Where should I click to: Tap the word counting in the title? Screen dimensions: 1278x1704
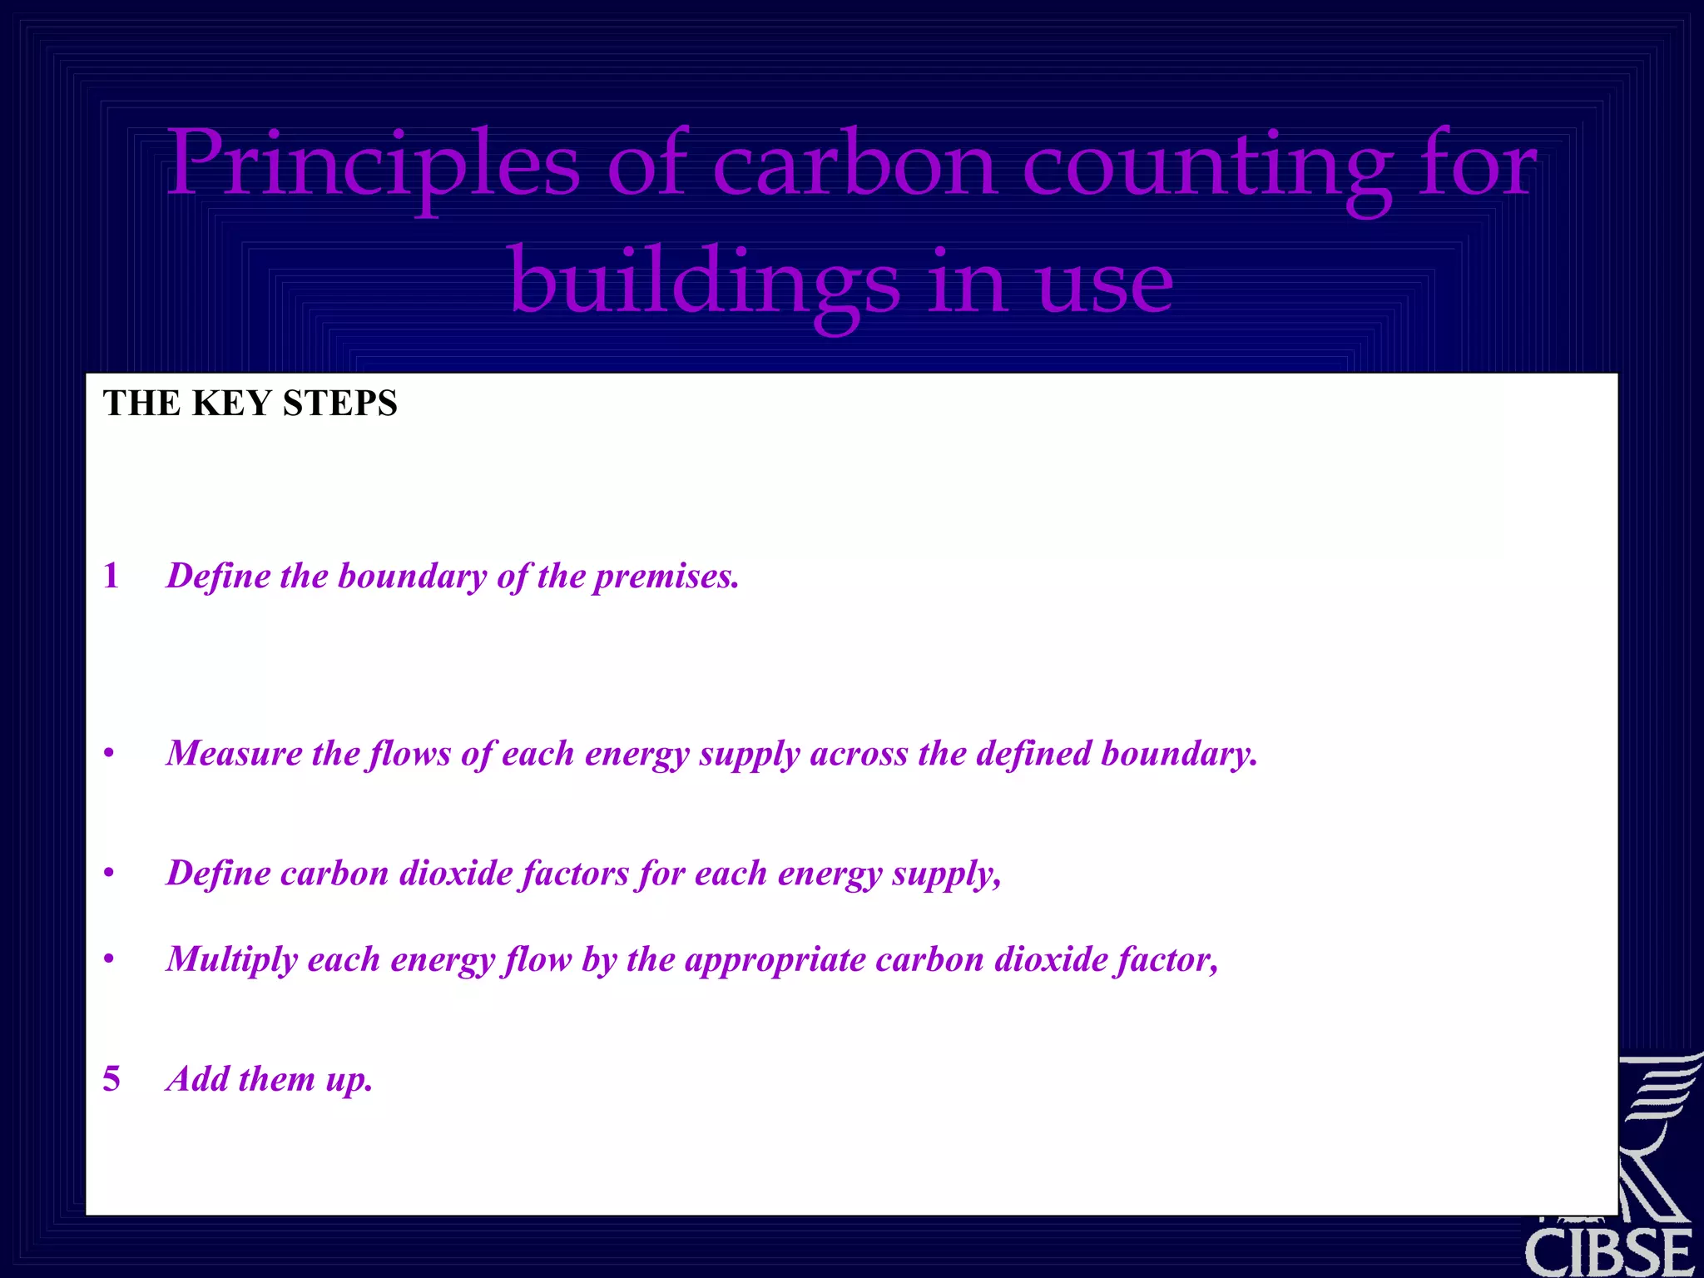(x=1206, y=166)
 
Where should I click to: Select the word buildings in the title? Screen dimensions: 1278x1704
(x=704, y=283)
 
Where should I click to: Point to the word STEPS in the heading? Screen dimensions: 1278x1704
(x=340, y=404)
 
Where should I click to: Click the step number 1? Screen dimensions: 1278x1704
(x=111, y=576)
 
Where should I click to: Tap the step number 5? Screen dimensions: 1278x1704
(x=111, y=1079)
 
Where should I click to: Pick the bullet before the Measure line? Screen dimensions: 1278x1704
(x=109, y=754)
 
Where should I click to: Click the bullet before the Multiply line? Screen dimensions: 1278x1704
(x=109, y=960)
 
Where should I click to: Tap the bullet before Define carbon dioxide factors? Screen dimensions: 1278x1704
(x=109, y=874)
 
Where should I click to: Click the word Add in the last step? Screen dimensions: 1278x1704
(x=198, y=1079)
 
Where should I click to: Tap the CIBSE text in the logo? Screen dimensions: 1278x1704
(x=1609, y=1252)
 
